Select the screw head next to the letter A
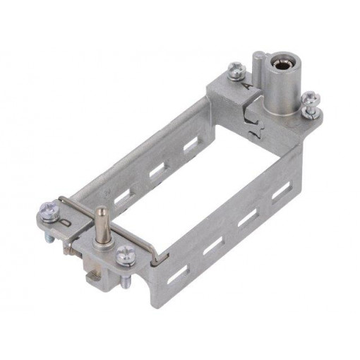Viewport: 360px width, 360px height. click(x=236, y=68)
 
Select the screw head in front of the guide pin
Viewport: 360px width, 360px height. click(x=126, y=251)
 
